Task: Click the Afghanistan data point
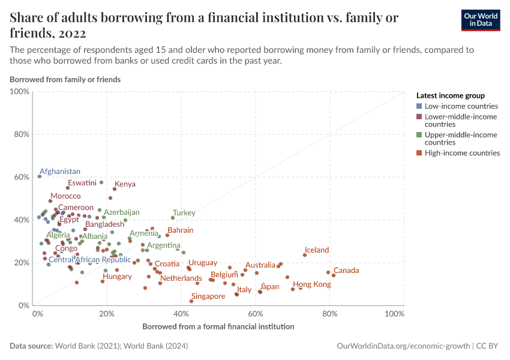(x=40, y=176)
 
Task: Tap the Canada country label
(x=346, y=271)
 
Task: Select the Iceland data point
(x=305, y=255)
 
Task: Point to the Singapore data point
(x=191, y=301)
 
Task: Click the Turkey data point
(x=173, y=218)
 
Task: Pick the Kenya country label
(x=125, y=184)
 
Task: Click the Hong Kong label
(x=311, y=284)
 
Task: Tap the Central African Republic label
(x=89, y=260)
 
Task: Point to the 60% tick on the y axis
(x=22, y=177)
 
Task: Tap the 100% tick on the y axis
(x=20, y=92)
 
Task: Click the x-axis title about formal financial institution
(x=218, y=327)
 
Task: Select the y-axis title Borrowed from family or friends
(x=65, y=79)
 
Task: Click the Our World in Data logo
(x=480, y=20)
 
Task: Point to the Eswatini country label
(x=82, y=182)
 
